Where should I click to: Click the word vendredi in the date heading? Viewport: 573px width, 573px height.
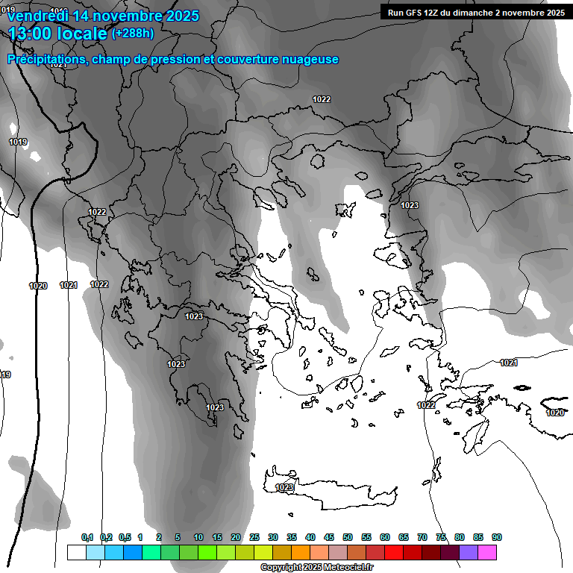click(34, 16)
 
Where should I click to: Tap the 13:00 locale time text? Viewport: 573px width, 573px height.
click(57, 34)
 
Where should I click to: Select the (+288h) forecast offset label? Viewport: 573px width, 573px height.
click(133, 34)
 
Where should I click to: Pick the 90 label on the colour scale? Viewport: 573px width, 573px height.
click(497, 538)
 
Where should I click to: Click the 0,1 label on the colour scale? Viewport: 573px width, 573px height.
click(87, 538)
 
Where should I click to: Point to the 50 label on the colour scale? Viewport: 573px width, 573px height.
click(348, 538)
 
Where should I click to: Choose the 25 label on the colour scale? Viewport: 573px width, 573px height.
click(254, 538)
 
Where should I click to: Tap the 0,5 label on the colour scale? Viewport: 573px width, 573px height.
click(124, 538)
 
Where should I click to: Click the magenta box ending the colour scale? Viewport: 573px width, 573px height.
click(487, 552)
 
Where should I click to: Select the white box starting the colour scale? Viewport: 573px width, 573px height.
click(76, 552)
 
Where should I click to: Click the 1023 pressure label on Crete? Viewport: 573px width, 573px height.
click(284, 487)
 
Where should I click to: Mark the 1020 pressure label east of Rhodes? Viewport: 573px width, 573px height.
click(555, 413)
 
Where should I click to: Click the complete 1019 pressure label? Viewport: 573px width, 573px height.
click(18, 142)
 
